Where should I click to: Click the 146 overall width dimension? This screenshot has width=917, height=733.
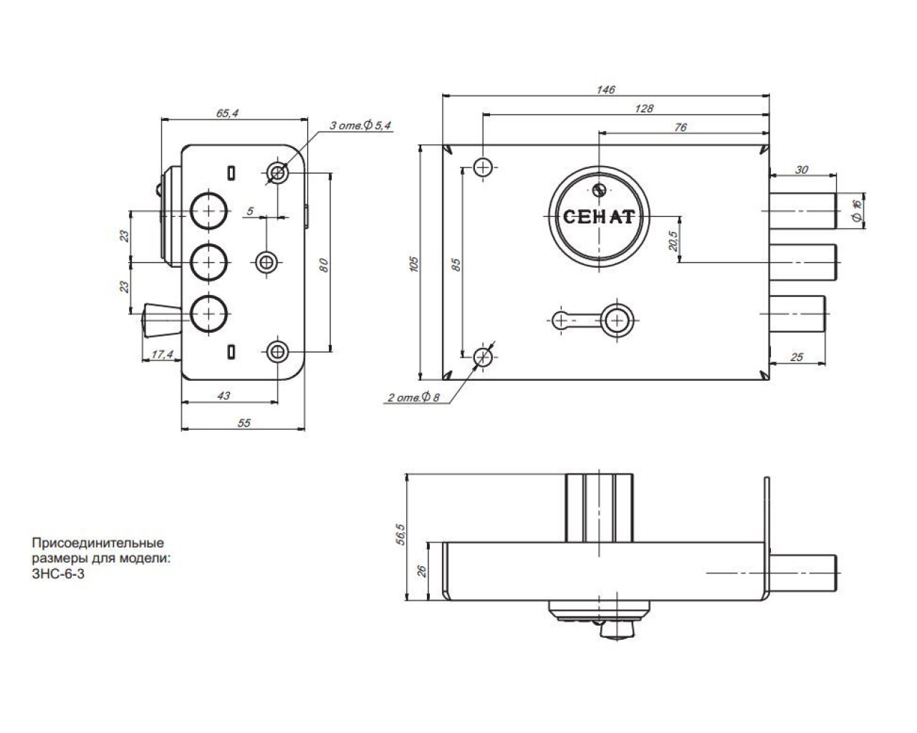[x=606, y=89]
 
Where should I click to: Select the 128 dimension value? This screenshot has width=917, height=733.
[x=644, y=108]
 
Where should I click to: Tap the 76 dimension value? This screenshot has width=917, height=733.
[x=681, y=127]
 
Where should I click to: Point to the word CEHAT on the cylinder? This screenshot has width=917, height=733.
[x=598, y=216]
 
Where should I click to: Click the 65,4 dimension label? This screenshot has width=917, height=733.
[x=227, y=113]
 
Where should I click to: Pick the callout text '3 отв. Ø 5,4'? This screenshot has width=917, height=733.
[x=360, y=126]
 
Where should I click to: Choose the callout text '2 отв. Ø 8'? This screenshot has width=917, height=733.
[x=414, y=397]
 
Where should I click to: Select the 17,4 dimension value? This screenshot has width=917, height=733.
[x=163, y=354]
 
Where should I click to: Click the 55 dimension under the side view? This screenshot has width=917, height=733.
[x=244, y=423]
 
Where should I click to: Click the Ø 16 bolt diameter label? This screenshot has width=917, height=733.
[x=855, y=210]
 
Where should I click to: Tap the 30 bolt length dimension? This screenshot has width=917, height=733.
[x=802, y=170]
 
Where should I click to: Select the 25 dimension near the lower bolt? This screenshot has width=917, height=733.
[x=797, y=356]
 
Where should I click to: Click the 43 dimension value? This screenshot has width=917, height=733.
[x=224, y=395]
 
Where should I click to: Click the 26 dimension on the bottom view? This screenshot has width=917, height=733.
[x=422, y=570]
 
